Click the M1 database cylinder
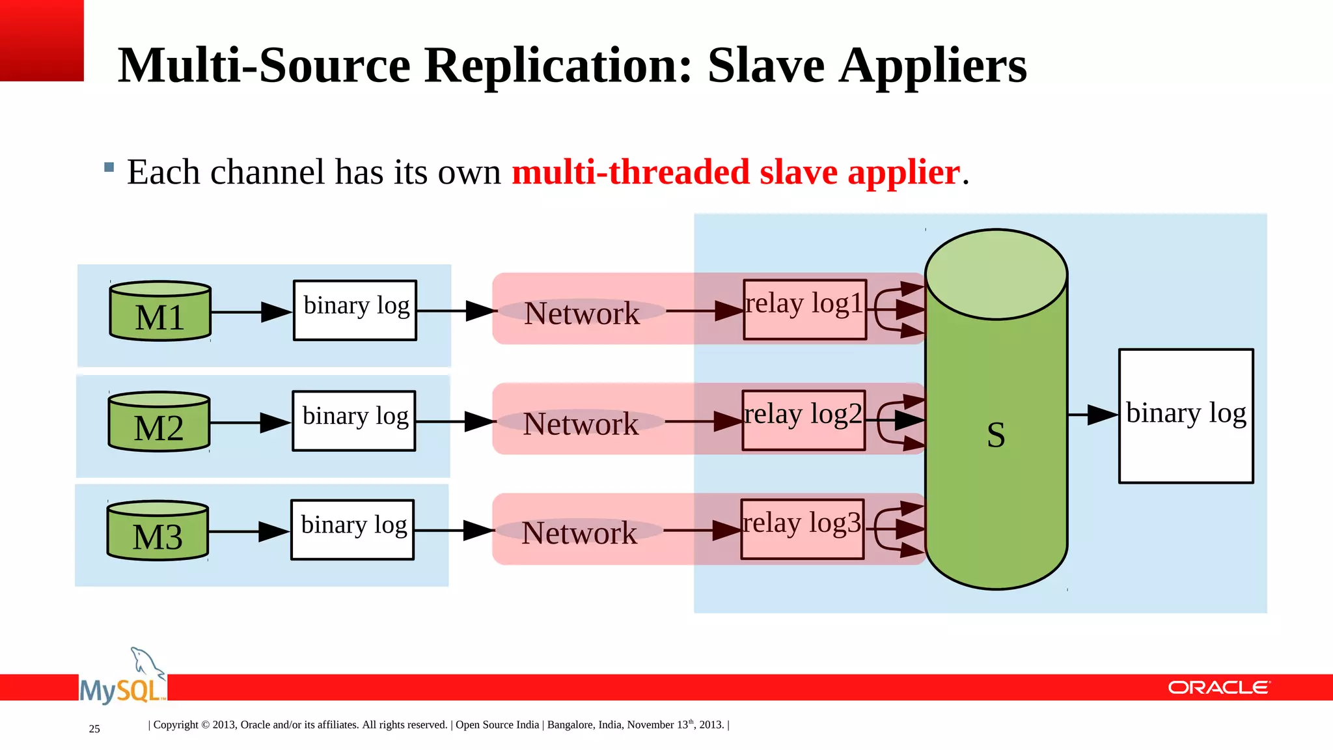tap(160, 311)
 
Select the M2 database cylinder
tap(159, 422)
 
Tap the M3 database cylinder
tap(158, 531)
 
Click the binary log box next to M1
tap(355, 310)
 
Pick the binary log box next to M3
tap(353, 529)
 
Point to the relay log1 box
tap(805, 309)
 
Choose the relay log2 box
tap(804, 420)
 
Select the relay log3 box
tap(803, 529)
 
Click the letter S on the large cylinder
tap(996, 434)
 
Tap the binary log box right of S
tap(1186, 416)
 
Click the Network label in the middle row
tap(581, 424)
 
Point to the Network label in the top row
tap(582, 313)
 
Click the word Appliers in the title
tap(933, 66)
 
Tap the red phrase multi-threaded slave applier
tap(735, 172)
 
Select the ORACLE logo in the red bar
tap(1218, 687)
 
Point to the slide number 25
tap(94, 729)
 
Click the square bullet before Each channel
tap(109, 167)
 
